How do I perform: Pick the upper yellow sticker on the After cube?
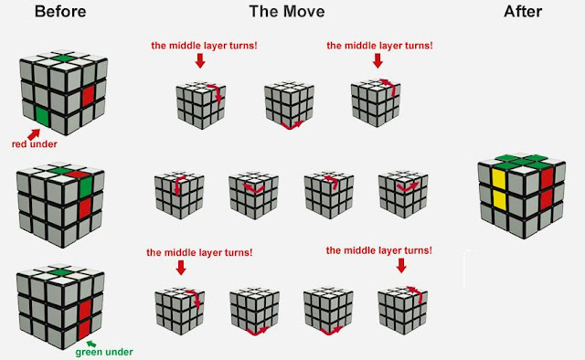coord(499,176)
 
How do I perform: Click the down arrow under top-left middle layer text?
coord(201,61)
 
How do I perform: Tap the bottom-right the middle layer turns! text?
coord(378,249)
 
